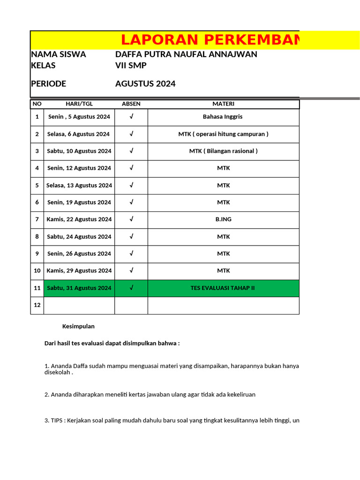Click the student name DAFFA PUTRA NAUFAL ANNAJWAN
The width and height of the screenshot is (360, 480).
pos(186,54)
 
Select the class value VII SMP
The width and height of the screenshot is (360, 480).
pos(131,66)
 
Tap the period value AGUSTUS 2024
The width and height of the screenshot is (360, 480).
pos(145,84)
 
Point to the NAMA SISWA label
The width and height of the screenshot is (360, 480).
pos(58,54)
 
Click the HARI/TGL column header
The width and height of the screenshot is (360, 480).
pos(79,104)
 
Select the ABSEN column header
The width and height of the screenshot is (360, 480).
pos(131,104)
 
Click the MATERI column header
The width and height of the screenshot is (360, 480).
pos(223,104)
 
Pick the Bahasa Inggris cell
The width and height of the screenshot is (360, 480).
pos(223,117)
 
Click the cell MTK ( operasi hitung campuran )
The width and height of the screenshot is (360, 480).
pos(223,134)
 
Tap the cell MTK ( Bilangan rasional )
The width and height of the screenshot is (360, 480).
pos(223,151)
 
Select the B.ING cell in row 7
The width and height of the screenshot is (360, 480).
pos(223,219)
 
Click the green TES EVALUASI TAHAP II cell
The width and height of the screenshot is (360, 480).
pos(223,288)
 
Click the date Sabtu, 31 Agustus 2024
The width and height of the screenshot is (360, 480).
pos(79,288)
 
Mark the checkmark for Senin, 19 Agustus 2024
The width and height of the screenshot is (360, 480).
pos(131,202)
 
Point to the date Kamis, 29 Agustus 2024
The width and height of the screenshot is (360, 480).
pos(79,271)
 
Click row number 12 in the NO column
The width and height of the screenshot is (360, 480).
pos(37,305)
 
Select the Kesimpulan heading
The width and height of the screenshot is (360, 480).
pos(78,326)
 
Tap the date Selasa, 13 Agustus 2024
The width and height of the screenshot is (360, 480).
pos(79,185)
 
